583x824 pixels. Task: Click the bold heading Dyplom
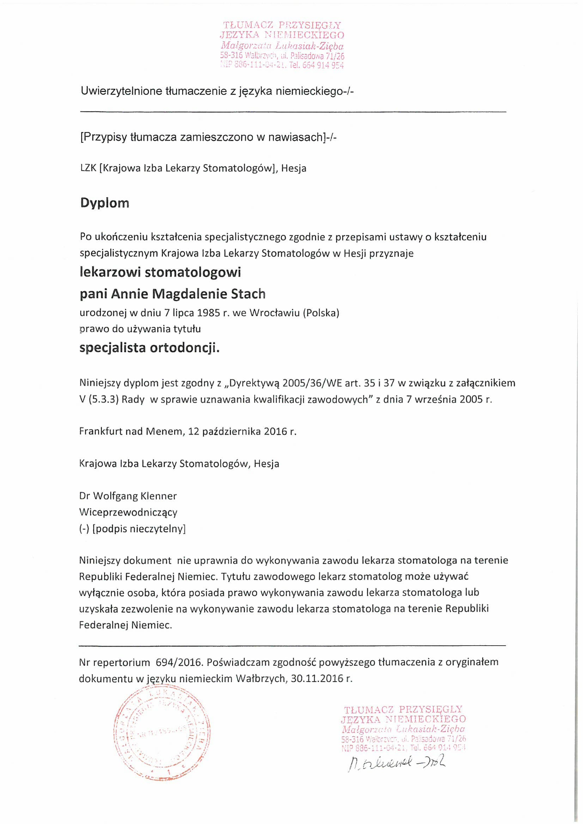click(104, 203)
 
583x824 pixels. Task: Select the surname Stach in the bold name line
click(248, 294)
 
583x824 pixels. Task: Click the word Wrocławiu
click(275, 313)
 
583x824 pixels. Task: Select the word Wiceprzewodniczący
click(128, 512)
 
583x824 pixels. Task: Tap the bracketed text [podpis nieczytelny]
click(139, 529)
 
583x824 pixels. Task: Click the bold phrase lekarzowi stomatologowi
click(160, 273)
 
